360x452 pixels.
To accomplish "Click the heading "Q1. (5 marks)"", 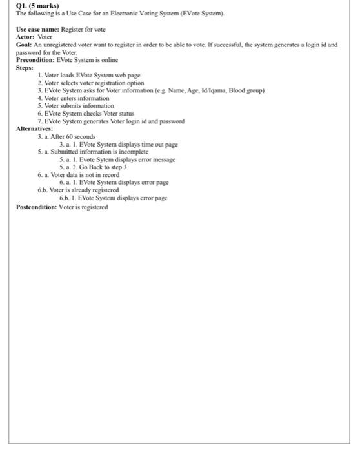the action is click(37, 6).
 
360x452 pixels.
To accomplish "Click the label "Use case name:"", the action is click(37, 30).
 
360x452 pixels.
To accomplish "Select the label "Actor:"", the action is click(28, 37).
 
